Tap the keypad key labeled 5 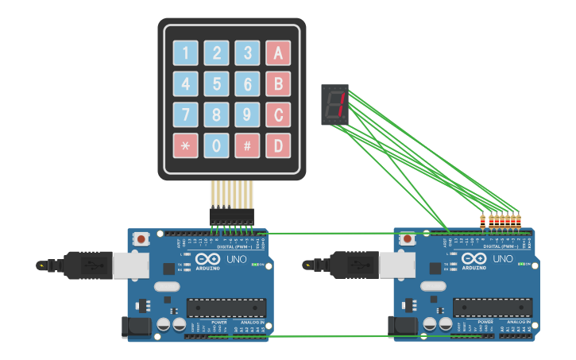pos(216,84)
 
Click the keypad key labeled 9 pos(247,114)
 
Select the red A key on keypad pos(278,53)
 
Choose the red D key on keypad pos(278,145)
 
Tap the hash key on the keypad pos(247,145)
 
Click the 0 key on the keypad pos(216,145)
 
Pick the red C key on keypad pos(278,114)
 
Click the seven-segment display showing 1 pos(334,105)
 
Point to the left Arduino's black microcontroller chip pos(226,308)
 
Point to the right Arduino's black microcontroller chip pos(493,308)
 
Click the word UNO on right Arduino pos(503,259)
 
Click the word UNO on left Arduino pos(237,259)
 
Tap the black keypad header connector pos(231,215)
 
